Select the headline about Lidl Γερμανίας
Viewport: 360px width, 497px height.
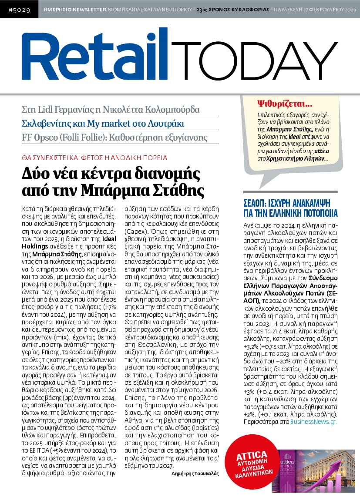[x=111, y=109]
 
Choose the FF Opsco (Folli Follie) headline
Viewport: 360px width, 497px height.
[x=114, y=138]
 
